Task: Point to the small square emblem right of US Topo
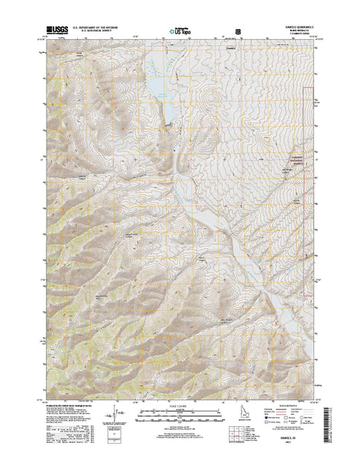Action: click(x=237, y=32)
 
